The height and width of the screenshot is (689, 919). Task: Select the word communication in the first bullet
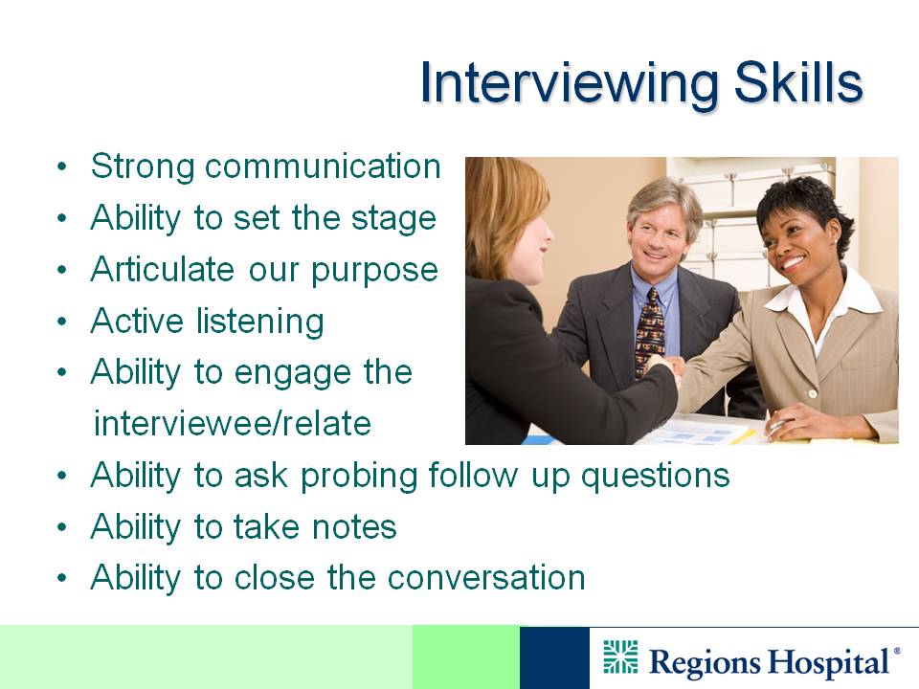pyautogui.click(x=323, y=166)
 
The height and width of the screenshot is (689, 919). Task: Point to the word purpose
pyautogui.click(x=374, y=271)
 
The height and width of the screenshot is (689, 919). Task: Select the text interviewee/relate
pyautogui.click(x=233, y=423)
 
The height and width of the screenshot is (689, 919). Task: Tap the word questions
pyautogui.click(x=655, y=477)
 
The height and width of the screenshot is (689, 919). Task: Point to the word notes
pyautogui.click(x=354, y=526)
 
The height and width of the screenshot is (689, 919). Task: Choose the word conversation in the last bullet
pyautogui.click(x=486, y=578)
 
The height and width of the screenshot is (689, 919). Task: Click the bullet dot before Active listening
pyautogui.click(x=62, y=322)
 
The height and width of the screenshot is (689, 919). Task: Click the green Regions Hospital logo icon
pyautogui.click(x=620, y=657)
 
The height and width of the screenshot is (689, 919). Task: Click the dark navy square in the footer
pyautogui.click(x=554, y=657)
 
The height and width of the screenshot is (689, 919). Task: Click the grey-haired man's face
pyautogui.click(x=659, y=234)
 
